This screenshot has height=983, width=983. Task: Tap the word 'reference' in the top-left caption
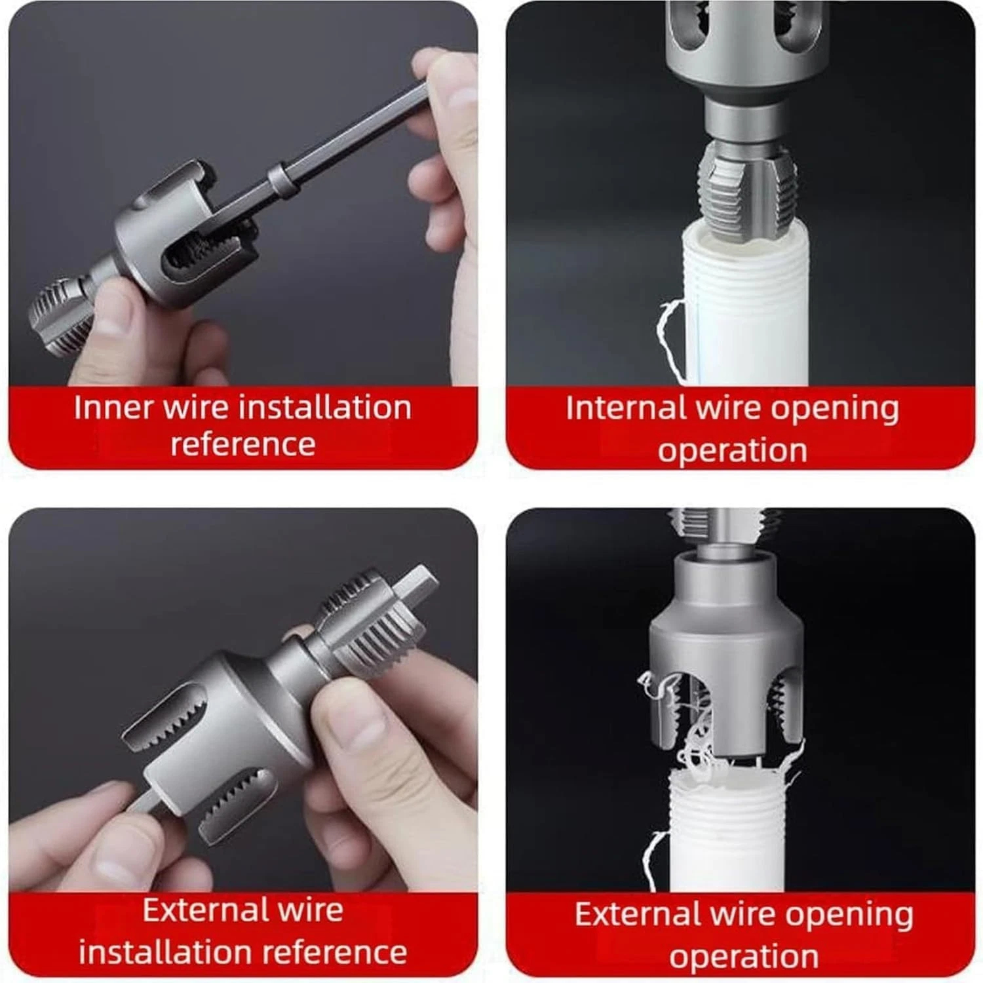pyautogui.click(x=243, y=444)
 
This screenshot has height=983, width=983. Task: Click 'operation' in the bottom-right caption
pyautogui.click(x=744, y=956)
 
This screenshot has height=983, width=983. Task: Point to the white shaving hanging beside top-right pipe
pyautogui.click(x=668, y=341)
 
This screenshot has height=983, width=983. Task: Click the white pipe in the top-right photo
pyautogui.click(x=747, y=308)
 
